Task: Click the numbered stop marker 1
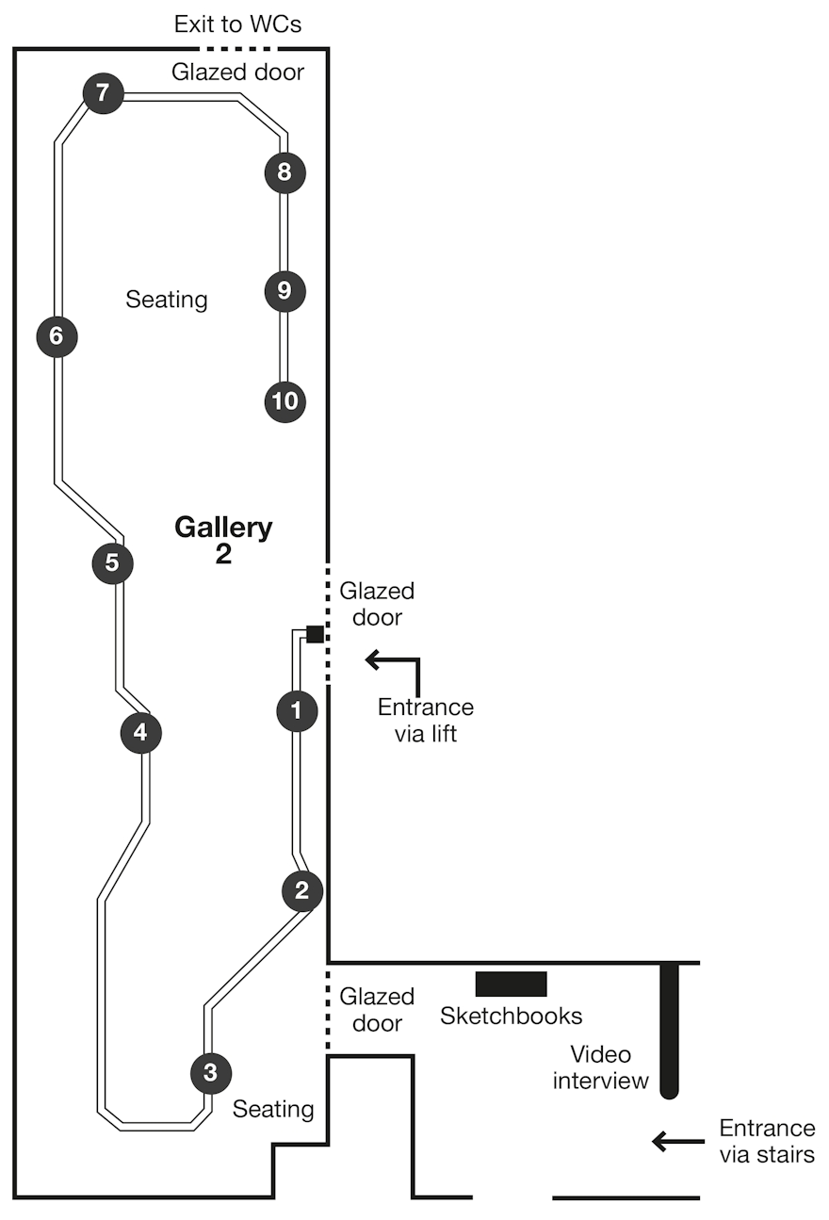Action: click(298, 710)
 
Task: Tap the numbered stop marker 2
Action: click(302, 890)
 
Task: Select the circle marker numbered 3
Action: click(210, 1072)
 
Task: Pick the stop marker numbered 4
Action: click(141, 732)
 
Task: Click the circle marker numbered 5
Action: click(113, 563)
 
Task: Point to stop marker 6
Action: click(57, 336)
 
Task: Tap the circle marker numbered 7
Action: click(104, 93)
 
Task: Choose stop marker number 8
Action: click(284, 172)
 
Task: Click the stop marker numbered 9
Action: click(284, 290)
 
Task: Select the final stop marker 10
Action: click(284, 401)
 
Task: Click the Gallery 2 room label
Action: click(223, 540)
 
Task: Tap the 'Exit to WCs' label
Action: click(238, 24)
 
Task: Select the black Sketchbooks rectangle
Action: click(511, 984)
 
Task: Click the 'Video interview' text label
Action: click(601, 1067)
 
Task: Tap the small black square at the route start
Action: click(315, 634)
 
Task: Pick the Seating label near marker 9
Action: click(167, 300)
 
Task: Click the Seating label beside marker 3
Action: click(273, 1109)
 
